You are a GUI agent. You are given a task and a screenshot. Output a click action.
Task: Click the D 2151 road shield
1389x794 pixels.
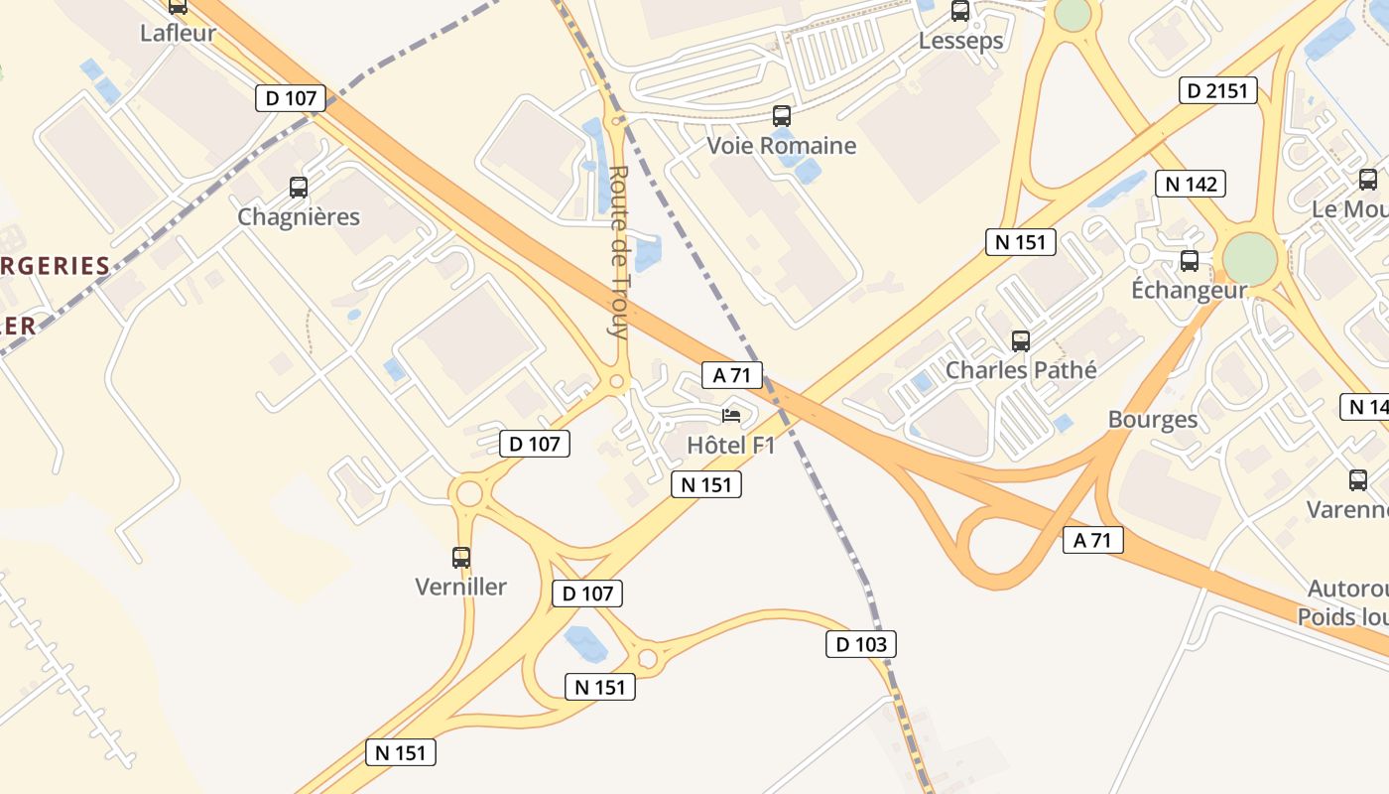tap(1219, 91)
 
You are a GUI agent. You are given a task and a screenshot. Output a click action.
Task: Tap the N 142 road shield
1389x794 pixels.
tap(1191, 184)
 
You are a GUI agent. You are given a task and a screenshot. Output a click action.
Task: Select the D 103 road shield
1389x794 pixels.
tap(861, 644)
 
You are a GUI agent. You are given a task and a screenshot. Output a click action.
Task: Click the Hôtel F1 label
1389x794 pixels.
tap(731, 445)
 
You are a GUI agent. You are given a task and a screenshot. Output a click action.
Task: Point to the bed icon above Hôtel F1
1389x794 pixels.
tap(731, 415)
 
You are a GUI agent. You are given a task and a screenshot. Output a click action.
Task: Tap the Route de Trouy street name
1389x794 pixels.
tap(619, 252)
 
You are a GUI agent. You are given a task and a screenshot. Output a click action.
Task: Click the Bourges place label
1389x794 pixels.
tap(1153, 419)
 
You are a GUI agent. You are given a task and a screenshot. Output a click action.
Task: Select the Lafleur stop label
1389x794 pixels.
tap(178, 33)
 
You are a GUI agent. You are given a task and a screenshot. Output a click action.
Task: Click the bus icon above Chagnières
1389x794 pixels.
tap(299, 187)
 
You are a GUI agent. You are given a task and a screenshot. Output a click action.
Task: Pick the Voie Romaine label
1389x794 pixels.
tap(781, 145)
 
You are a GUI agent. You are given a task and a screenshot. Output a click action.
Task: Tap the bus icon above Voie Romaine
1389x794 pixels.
tap(782, 115)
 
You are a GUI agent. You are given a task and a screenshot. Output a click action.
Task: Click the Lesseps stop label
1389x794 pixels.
tap(960, 41)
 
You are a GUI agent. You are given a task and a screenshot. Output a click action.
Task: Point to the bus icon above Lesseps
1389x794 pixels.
tap(960, 11)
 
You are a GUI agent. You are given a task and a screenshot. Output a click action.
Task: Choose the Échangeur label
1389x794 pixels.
tap(1189, 291)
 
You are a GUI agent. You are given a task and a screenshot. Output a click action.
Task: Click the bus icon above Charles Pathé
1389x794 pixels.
tap(1021, 341)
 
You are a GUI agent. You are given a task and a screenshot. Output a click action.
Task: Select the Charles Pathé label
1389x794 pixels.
tap(1021, 370)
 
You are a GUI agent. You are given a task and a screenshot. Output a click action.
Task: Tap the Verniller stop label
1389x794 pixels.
tap(461, 587)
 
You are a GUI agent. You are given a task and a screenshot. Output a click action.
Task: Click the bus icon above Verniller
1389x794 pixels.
tap(461, 558)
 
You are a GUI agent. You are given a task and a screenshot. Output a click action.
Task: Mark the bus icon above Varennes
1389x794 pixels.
tap(1358, 480)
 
